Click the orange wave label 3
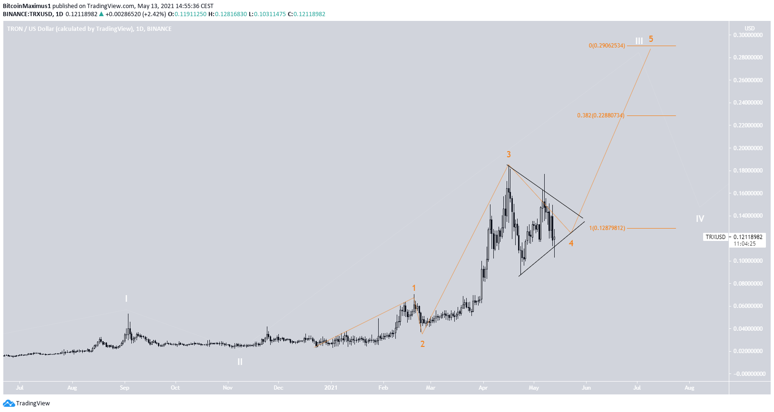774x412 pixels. [x=509, y=154]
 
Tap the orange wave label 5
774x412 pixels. [x=651, y=39]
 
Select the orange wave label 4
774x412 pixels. [x=571, y=243]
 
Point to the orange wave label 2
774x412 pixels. [x=422, y=344]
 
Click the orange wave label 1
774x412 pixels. [x=414, y=288]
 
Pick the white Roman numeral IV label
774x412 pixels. [x=700, y=219]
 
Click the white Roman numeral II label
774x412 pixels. [x=240, y=362]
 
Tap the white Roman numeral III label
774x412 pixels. [x=639, y=41]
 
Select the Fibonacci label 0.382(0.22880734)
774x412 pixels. [x=600, y=115]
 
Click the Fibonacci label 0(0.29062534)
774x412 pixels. [x=607, y=46]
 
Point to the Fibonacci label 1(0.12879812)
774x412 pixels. [x=607, y=228]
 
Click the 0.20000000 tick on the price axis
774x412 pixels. [x=748, y=148]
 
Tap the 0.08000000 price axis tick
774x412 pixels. [x=748, y=284]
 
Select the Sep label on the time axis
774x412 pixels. [x=125, y=388]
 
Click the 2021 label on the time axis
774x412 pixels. [x=331, y=388]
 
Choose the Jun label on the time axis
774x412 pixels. [x=586, y=388]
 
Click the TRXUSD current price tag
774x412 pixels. [x=715, y=237]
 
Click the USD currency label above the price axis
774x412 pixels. [x=749, y=29]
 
